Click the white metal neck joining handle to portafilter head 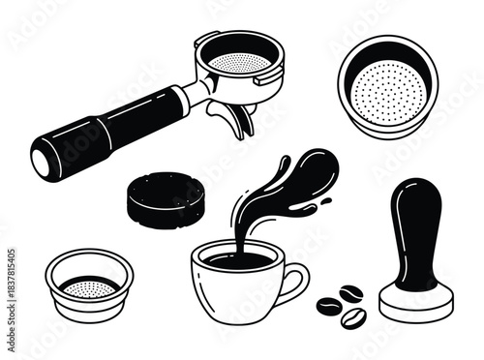click(x=197, y=90)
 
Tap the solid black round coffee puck click(x=166, y=199)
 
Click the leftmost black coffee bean click(x=330, y=305)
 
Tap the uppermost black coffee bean click(x=351, y=292)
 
